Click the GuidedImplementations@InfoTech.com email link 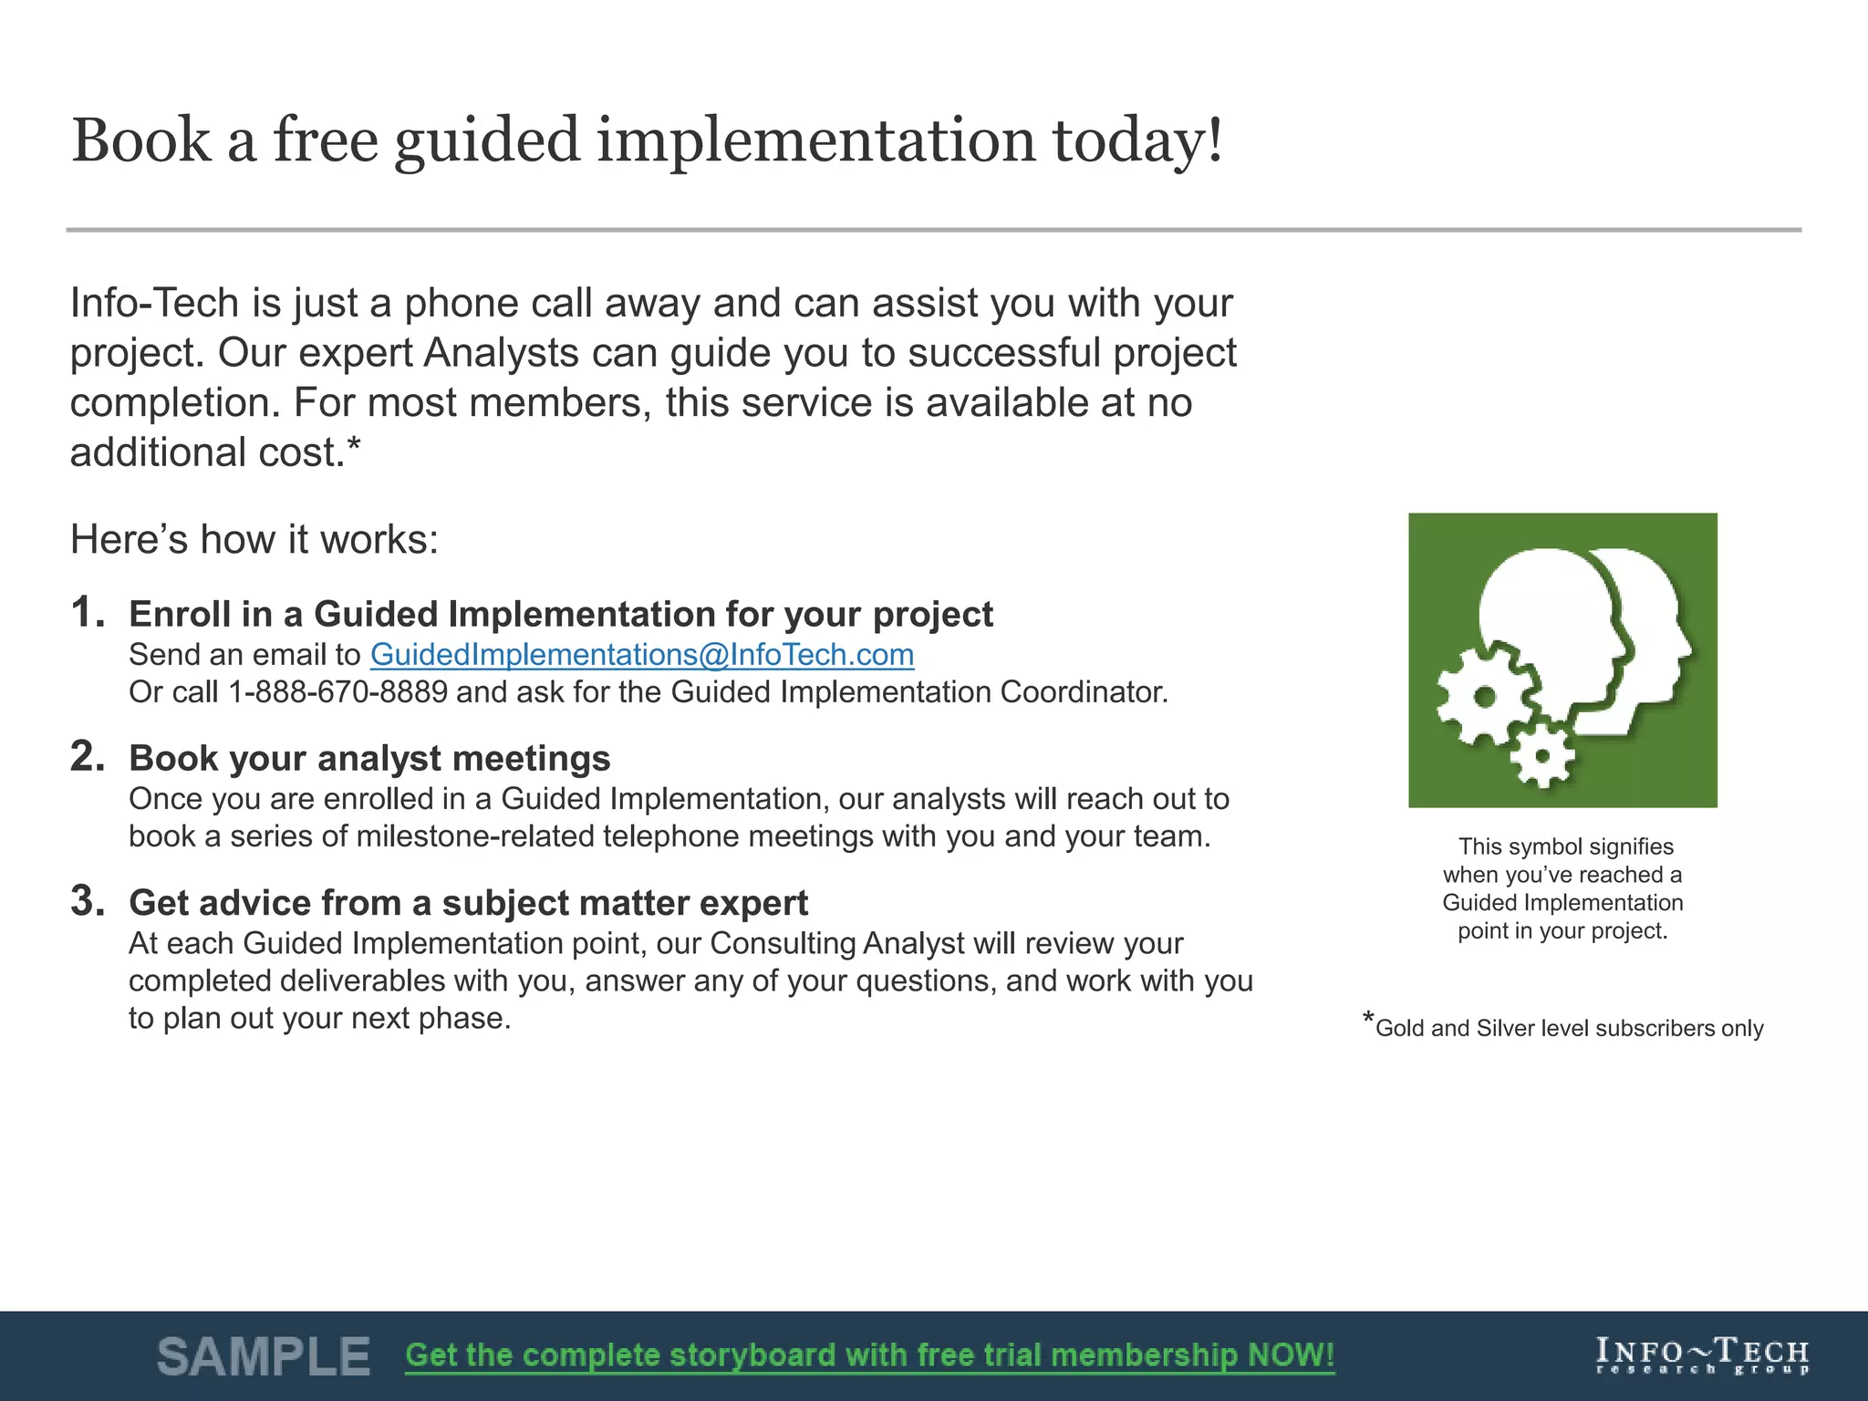click(x=641, y=655)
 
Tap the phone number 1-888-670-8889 click(x=337, y=692)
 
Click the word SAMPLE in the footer click(x=264, y=1356)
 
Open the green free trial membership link click(x=869, y=1355)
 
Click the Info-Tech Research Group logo click(x=1702, y=1355)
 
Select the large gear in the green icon click(x=1485, y=697)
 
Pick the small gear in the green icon click(x=1541, y=756)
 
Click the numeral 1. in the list click(x=88, y=612)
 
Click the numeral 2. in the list click(x=88, y=756)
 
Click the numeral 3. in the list click(x=88, y=901)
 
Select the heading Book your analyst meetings click(x=369, y=759)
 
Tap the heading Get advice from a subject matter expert click(x=468, y=903)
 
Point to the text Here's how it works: click(x=254, y=540)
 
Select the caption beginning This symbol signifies click(x=1562, y=887)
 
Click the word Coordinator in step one click(x=1083, y=692)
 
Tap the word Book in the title click(x=141, y=141)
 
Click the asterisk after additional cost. click(x=355, y=445)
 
